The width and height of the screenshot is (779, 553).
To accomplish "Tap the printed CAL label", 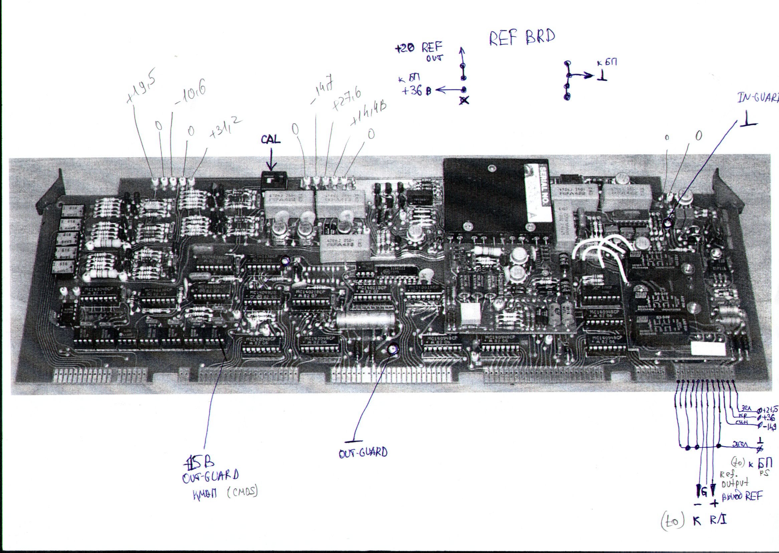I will (271, 139).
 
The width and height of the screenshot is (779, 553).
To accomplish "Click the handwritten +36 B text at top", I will (416, 91).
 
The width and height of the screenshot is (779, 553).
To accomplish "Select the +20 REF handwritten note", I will (419, 48).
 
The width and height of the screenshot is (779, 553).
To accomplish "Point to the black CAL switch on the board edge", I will (273, 179).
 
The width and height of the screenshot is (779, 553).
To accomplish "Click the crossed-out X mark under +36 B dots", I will (464, 101).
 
